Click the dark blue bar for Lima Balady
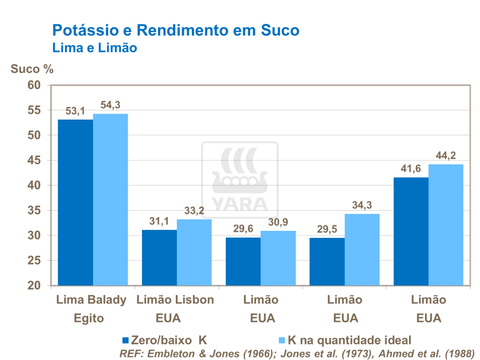[x=76, y=202]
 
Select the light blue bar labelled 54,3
[x=110, y=200]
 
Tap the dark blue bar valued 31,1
[x=159, y=257]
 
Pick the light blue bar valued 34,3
[x=362, y=250]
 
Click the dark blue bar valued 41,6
[x=411, y=231]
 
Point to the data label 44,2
[x=446, y=155]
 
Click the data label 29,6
[x=243, y=229]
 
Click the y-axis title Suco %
[x=32, y=69]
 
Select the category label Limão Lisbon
[x=175, y=300]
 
